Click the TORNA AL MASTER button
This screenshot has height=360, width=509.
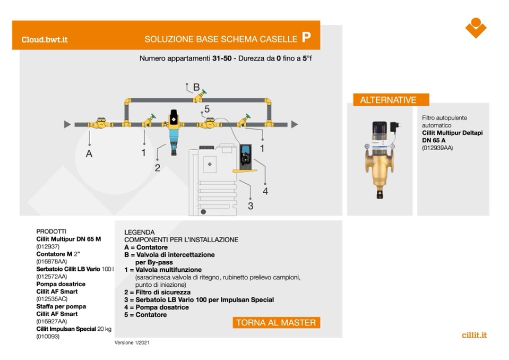(276, 323)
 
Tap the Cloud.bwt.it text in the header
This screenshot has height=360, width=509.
(45, 40)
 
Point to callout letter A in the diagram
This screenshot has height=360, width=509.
(89, 154)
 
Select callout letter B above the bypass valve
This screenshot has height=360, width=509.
(196, 87)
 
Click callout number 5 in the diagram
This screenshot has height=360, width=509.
(207, 109)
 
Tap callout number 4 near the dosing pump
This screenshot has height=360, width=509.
(265, 191)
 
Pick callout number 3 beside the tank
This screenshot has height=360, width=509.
(251, 206)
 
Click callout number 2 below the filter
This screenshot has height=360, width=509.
(158, 168)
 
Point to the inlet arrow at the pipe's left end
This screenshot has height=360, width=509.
(67, 124)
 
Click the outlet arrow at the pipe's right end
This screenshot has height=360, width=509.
(295, 124)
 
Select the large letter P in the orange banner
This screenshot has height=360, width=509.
(306, 37)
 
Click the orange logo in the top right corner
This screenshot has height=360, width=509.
(476, 28)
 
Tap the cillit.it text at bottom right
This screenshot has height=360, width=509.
(475, 335)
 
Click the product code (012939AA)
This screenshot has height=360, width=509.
(437, 148)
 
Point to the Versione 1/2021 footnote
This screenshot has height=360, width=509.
(132, 342)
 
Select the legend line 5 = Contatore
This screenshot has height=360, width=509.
(145, 314)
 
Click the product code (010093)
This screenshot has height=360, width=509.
(48, 336)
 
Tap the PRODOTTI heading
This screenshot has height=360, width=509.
(51, 232)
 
